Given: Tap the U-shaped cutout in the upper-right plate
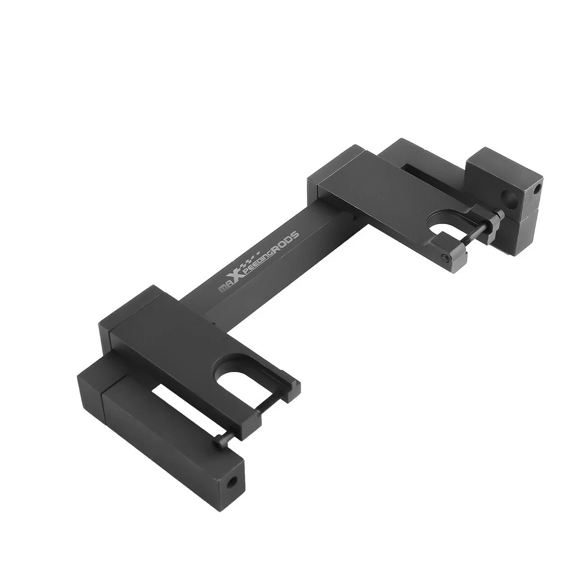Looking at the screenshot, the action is click(444, 228).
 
